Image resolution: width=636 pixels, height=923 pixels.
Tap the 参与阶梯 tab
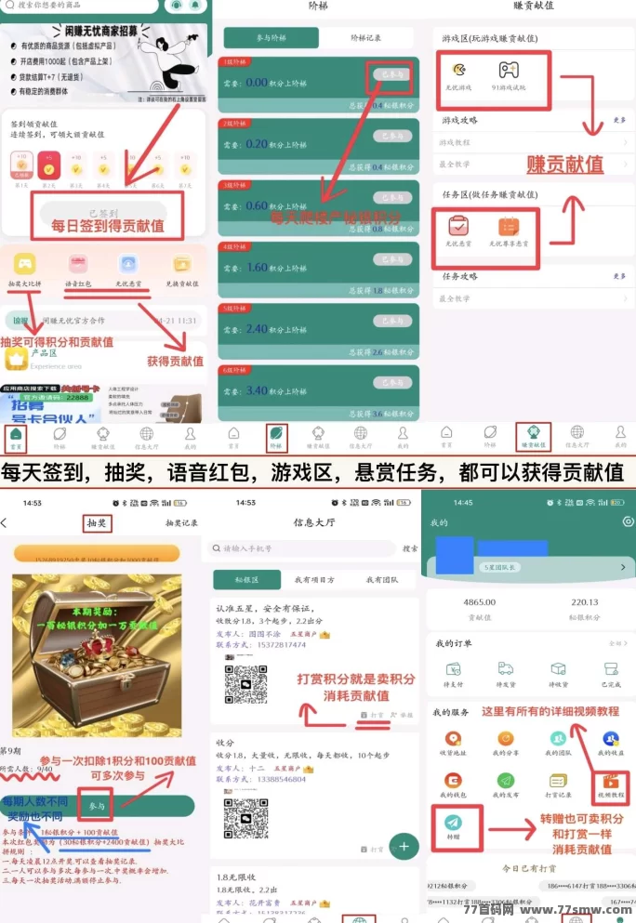271,38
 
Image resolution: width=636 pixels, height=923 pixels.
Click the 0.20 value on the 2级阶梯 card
257,144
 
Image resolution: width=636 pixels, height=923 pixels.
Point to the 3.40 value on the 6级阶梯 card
257,391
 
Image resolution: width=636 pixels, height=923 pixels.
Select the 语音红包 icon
77,264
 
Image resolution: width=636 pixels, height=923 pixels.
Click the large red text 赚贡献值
564,165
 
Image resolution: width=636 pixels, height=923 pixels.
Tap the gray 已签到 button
103,212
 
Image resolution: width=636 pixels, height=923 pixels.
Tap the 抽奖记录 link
181,523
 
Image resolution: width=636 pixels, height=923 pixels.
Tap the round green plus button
404,846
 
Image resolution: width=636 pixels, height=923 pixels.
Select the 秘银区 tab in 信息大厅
246,579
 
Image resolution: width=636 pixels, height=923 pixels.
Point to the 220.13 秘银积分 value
585,602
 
